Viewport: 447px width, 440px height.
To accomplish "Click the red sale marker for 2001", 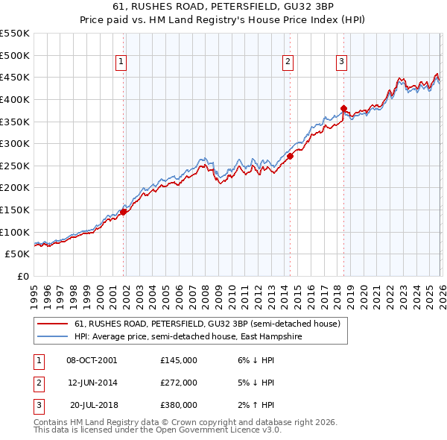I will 123,212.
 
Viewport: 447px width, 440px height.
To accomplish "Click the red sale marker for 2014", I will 290,157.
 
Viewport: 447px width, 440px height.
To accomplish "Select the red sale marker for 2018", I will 343,109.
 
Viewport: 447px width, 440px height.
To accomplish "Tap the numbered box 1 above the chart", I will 121,63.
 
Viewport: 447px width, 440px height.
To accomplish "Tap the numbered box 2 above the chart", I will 288,63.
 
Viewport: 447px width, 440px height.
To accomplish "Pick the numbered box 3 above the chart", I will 341,63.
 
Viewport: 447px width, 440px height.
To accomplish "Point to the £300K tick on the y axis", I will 14,143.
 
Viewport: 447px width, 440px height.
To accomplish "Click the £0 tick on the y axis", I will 22,276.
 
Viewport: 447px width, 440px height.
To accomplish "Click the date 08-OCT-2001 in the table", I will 92,360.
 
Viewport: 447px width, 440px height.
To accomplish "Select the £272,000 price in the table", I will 179,383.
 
